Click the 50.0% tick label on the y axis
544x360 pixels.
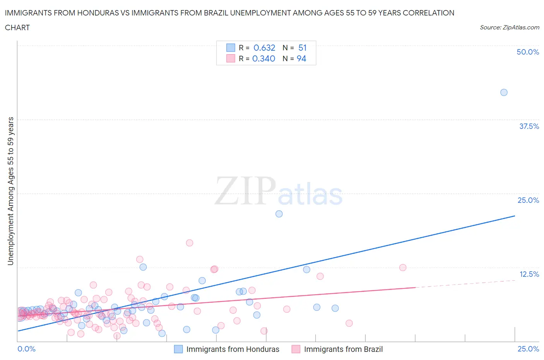pyautogui.click(x=528, y=52)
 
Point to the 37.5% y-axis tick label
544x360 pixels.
pyautogui.click(x=529, y=126)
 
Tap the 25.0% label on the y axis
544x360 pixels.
pyautogui.click(x=528, y=200)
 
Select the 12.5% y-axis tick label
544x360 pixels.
pyautogui.click(x=529, y=274)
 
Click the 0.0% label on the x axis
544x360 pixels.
pyautogui.click(x=26, y=349)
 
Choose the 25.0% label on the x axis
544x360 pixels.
pyautogui.click(x=528, y=349)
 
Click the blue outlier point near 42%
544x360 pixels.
pyautogui.click(x=504, y=93)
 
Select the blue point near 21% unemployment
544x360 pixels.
pyautogui.click(x=279, y=214)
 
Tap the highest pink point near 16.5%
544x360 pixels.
pyautogui.click(x=190, y=243)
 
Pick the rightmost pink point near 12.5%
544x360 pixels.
pyautogui.click(x=403, y=267)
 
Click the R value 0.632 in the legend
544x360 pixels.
pyautogui.click(x=264, y=48)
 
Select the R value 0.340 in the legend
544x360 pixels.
pyautogui.click(x=263, y=58)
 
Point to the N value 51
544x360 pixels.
pyautogui.click(x=302, y=48)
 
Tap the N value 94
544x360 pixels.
pyautogui.click(x=301, y=58)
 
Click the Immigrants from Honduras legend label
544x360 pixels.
pyautogui.click(x=233, y=349)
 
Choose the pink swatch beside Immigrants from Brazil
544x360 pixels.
pyautogui.click(x=296, y=349)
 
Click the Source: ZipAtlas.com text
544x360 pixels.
pyautogui.click(x=509, y=27)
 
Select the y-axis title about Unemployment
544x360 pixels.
pyautogui.click(x=10, y=191)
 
